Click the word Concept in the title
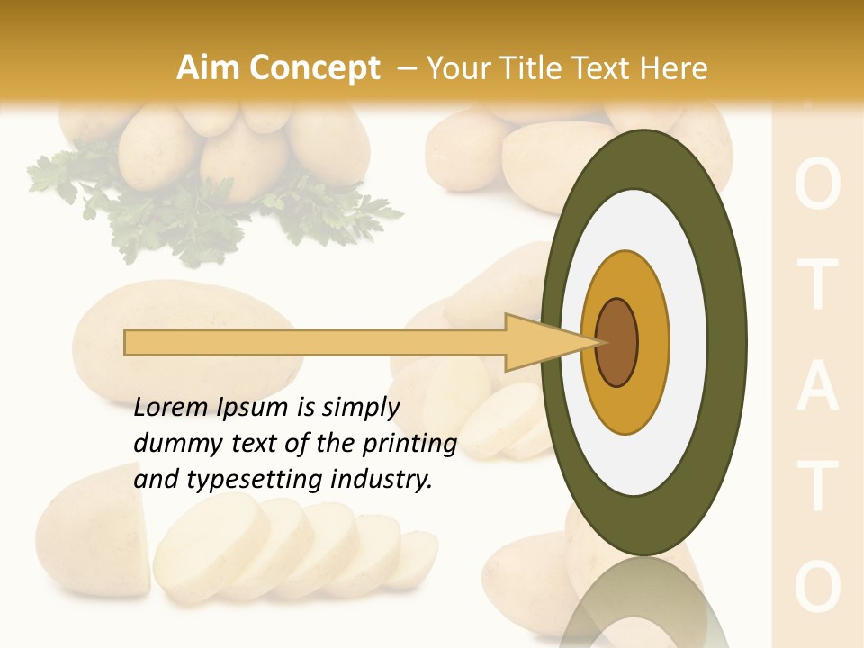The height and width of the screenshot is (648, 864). click(314, 69)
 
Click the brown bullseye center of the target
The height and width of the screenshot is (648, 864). click(617, 343)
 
